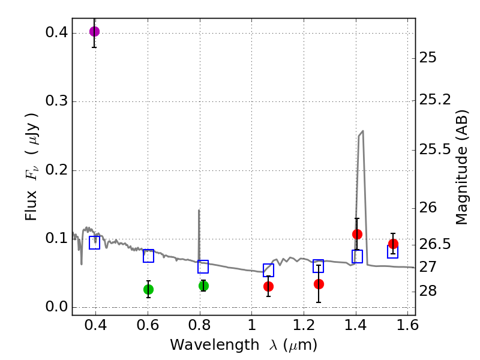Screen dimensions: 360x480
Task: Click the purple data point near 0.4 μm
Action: [94, 31]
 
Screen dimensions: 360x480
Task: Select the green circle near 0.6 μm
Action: [148, 289]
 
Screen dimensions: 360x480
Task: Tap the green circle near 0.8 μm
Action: [203, 286]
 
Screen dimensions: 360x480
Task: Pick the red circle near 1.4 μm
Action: [357, 234]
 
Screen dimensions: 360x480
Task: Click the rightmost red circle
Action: [393, 244]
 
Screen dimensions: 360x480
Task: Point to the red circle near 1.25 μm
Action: [319, 284]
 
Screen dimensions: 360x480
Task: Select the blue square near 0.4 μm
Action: [94, 242]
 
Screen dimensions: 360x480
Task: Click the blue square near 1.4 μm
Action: [357, 257]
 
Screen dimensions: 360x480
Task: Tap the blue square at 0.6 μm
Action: [148, 256]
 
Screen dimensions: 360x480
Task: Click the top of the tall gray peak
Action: [362, 131]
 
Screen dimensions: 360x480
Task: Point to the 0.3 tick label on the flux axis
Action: [55, 101]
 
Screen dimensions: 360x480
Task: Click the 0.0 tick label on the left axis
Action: [55, 307]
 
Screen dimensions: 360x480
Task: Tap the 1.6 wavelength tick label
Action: [408, 329]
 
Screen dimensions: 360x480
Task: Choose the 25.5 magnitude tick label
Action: [436, 149]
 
